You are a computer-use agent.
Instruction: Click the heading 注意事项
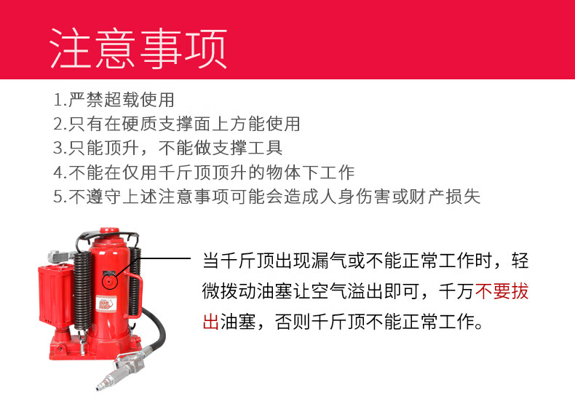[x=138, y=49]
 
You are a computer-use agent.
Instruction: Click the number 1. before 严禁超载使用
[x=60, y=100]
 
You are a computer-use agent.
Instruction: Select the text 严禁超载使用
[x=122, y=100]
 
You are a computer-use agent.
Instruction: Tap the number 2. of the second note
[x=60, y=124]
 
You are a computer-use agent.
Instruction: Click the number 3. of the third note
[x=60, y=148]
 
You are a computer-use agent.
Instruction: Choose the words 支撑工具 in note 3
[x=247, y=148]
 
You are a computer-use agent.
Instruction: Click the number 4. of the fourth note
[x=60, y=173]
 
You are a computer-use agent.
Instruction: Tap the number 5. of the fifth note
[x=60, y=197]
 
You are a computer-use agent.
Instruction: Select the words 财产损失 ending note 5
[x=445, y=197]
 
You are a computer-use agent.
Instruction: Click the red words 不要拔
[x=501, y=292]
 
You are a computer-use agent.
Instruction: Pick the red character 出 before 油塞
[x=211, y=322]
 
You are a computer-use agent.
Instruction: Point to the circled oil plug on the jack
[x=109, y=282]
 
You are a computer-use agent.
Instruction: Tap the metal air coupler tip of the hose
[x=105, y=382]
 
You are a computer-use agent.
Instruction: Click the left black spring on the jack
[x=83, y=290]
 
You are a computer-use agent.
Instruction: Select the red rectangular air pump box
[x=55, y=294]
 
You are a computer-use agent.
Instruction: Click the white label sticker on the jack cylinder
[x=106, y=304]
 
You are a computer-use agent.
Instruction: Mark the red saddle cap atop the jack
[x=109, y=231]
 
